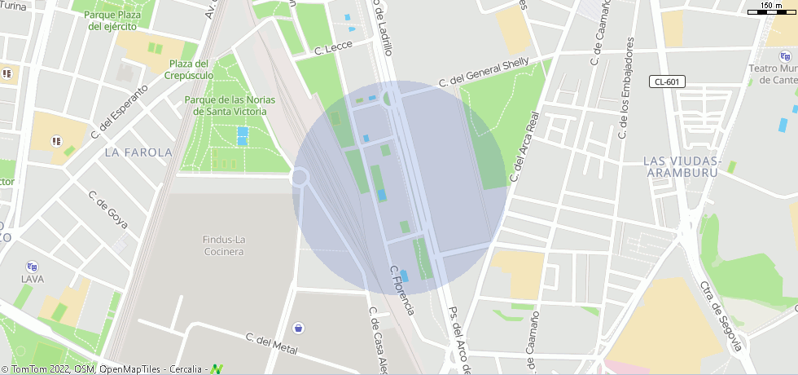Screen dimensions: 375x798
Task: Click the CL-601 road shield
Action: click(668, 82)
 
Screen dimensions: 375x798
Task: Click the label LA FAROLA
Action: click(138, 152)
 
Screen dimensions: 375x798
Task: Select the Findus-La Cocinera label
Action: click(223, 245)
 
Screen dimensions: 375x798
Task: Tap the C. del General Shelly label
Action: click(484, 72)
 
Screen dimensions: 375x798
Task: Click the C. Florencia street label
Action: click(402, 290)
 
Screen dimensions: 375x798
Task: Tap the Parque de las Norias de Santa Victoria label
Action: click(226, 105)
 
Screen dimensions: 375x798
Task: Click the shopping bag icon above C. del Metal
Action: click(299, 328)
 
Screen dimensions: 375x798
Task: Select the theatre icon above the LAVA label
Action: click(33, 266)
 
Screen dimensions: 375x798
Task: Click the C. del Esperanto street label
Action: click(120, 109)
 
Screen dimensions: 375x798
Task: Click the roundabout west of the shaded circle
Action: click(300, 177)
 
